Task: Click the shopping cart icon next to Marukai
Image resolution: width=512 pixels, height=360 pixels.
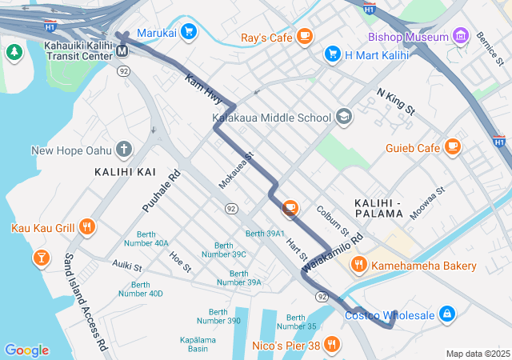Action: (x=189, y=32)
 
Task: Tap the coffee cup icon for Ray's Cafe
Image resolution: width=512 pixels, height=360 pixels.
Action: (x=304, y=36)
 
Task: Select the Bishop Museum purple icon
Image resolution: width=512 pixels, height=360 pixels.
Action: (x=460, y=36)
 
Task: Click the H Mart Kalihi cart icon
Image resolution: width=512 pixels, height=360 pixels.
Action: (x=333, y=54)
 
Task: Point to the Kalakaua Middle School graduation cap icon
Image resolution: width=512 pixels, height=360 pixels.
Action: (x=343, y=117)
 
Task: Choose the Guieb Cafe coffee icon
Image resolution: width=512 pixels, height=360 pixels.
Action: (x=454, y=146)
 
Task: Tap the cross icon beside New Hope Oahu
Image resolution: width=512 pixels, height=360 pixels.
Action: (x=123, y=149)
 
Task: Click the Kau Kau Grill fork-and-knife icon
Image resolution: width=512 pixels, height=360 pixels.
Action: (x=87, y=227)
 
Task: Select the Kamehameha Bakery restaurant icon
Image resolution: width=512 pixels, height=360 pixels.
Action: (x=358, y=265)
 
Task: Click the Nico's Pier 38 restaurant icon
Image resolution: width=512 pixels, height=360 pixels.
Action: (x=333, y=346)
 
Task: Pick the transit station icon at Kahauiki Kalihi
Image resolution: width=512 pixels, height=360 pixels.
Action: (x=122, y=50)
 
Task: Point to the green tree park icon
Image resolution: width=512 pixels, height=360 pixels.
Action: (x=14, y=53)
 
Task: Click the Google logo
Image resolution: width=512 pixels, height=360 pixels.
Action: (x=26, y=350)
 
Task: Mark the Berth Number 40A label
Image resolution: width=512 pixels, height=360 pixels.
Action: (x=147, y=238)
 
